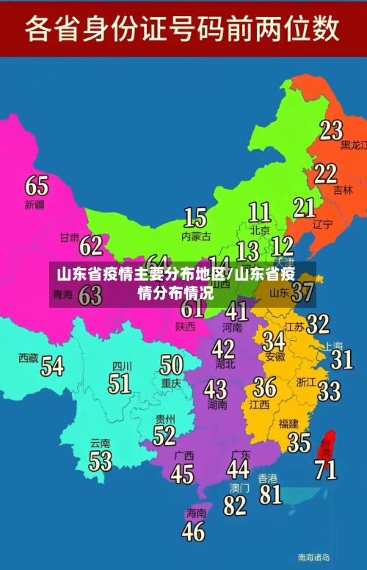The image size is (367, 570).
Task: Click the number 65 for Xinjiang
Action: [37, 184]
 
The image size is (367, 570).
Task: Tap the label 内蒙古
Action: [196, 236]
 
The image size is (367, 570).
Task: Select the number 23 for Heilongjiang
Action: [331, 130]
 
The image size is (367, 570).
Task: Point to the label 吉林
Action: [343, 190]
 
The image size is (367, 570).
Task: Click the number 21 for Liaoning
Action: [305, 208]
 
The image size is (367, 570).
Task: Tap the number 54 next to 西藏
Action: [52, 365]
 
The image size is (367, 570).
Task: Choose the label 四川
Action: [121, 366]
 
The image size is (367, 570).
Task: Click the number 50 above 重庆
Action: [171, 365]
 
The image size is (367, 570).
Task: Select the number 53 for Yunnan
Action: [101, 461]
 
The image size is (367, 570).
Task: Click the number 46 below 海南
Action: [194, 530]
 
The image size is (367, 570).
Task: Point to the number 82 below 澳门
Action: [235, 505]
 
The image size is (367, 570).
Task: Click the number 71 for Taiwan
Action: [326, 468]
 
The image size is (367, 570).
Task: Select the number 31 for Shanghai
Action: [341, 359]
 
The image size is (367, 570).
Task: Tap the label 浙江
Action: [306, 381]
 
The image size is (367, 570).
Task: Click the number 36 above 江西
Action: [264, 386]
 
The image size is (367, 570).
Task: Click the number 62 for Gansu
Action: [92, 245]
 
